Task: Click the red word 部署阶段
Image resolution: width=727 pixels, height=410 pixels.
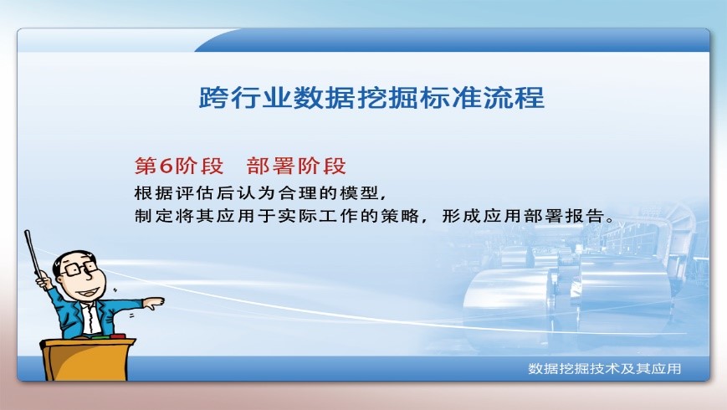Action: (x=297, y=165)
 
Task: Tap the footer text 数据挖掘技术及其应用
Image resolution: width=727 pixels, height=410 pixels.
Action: (x=605, y=368)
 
